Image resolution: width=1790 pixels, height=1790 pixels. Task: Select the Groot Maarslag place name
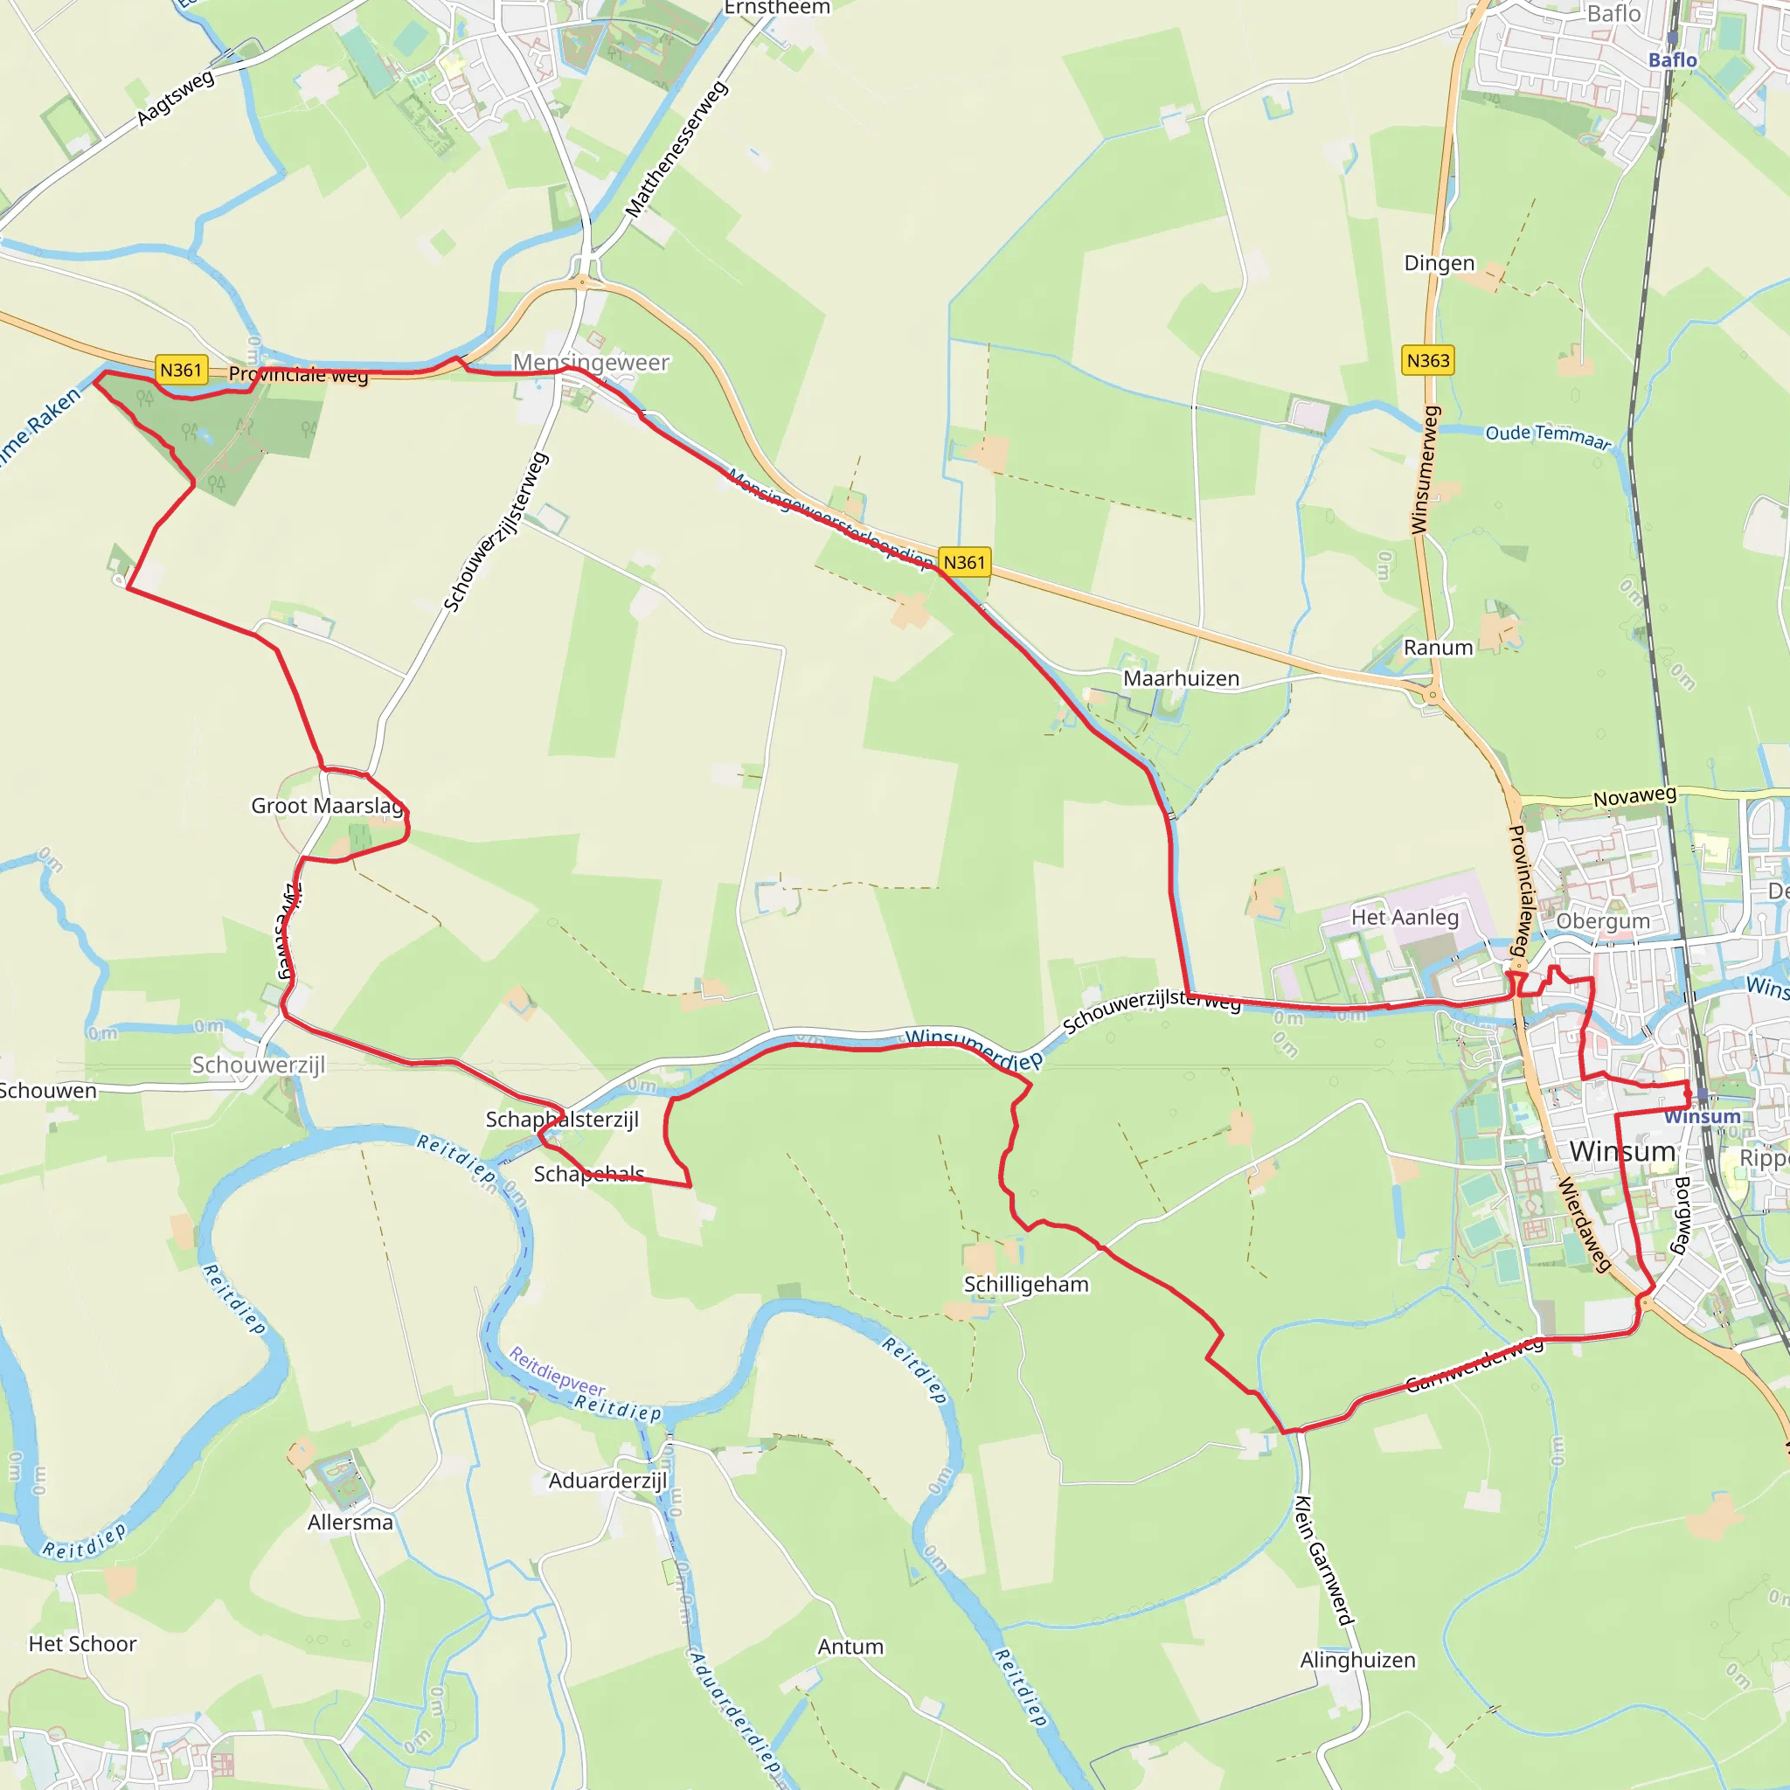(x=328, y=805)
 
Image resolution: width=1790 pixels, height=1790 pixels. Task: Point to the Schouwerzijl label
(x=259, y=1065)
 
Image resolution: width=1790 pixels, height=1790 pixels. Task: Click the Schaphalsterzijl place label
(x=561, y=1120)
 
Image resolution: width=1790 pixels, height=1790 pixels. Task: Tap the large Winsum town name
(x=1622, y=1152)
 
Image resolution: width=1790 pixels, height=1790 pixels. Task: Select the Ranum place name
(x=1438, y=648)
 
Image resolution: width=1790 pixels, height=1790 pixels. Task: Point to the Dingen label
(x=1439, y=263)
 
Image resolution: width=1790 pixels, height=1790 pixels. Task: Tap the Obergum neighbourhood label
(x=1603, y=921)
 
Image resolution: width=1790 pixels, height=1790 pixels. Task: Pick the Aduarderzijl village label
(x=607, y=1481)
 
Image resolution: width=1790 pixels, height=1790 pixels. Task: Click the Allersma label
(x=350, y=1523)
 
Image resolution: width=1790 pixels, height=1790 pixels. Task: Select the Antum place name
(x=850, y=1647)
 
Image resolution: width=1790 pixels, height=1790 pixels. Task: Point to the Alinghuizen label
(x=1357, y=1660)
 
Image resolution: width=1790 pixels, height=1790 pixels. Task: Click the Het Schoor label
(x=82, y=1644)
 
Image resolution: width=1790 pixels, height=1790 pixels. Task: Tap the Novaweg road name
(x=1634, y=796)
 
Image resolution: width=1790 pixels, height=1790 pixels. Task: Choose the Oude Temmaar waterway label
(x=1547, y=435)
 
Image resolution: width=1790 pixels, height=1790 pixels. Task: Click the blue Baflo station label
(x=1672, y=60)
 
